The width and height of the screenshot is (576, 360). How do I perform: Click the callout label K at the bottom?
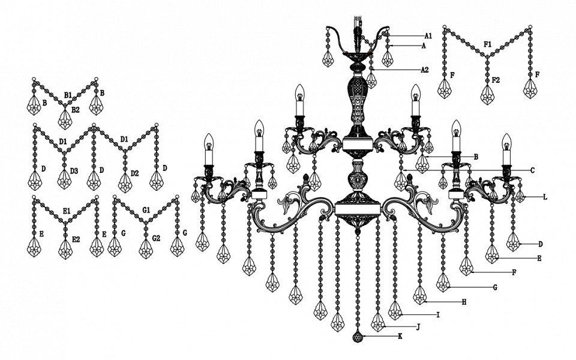[400, 336]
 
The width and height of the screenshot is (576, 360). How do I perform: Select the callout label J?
[418, 327]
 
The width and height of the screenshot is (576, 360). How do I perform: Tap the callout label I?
[438, 315]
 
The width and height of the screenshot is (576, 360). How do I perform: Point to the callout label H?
[464, 302]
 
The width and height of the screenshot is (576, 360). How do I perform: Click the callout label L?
[545, 197]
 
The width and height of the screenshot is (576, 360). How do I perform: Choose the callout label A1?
[428, 36]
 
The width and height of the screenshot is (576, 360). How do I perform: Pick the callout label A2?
[425, 70]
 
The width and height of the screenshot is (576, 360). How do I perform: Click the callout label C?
[532, 170]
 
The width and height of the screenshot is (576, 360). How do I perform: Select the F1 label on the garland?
[487, 44]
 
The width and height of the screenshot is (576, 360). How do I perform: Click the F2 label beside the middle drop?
[496, 80]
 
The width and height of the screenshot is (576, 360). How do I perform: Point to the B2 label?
[76, 109]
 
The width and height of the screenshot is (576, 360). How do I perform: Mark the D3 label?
[74, 171]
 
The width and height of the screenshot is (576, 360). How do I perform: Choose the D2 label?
[134, 173]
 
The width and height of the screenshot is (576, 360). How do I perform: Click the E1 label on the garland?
[67, 211]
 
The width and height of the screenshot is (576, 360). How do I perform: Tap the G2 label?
[156, 238]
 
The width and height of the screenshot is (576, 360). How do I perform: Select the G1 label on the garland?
[146, 210]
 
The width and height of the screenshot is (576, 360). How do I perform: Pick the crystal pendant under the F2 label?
[487, 95]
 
